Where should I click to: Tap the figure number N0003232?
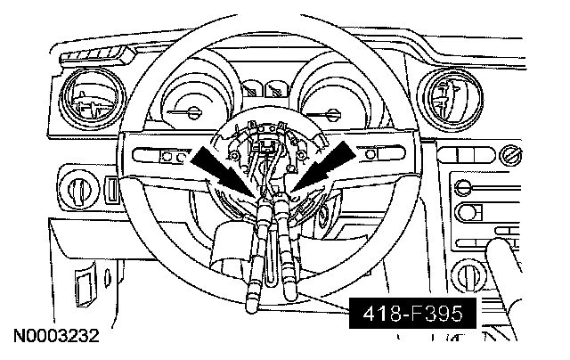[55, 340]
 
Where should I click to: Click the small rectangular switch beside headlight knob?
[110, 190]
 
